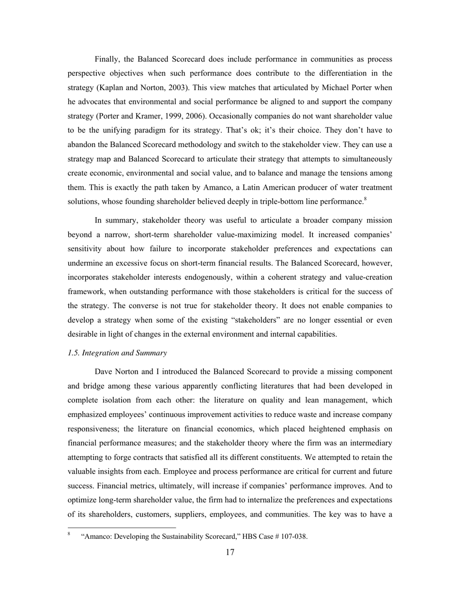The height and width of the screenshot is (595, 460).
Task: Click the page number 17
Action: tap(230, 552)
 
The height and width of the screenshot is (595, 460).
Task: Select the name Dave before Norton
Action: tap(104, 372)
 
